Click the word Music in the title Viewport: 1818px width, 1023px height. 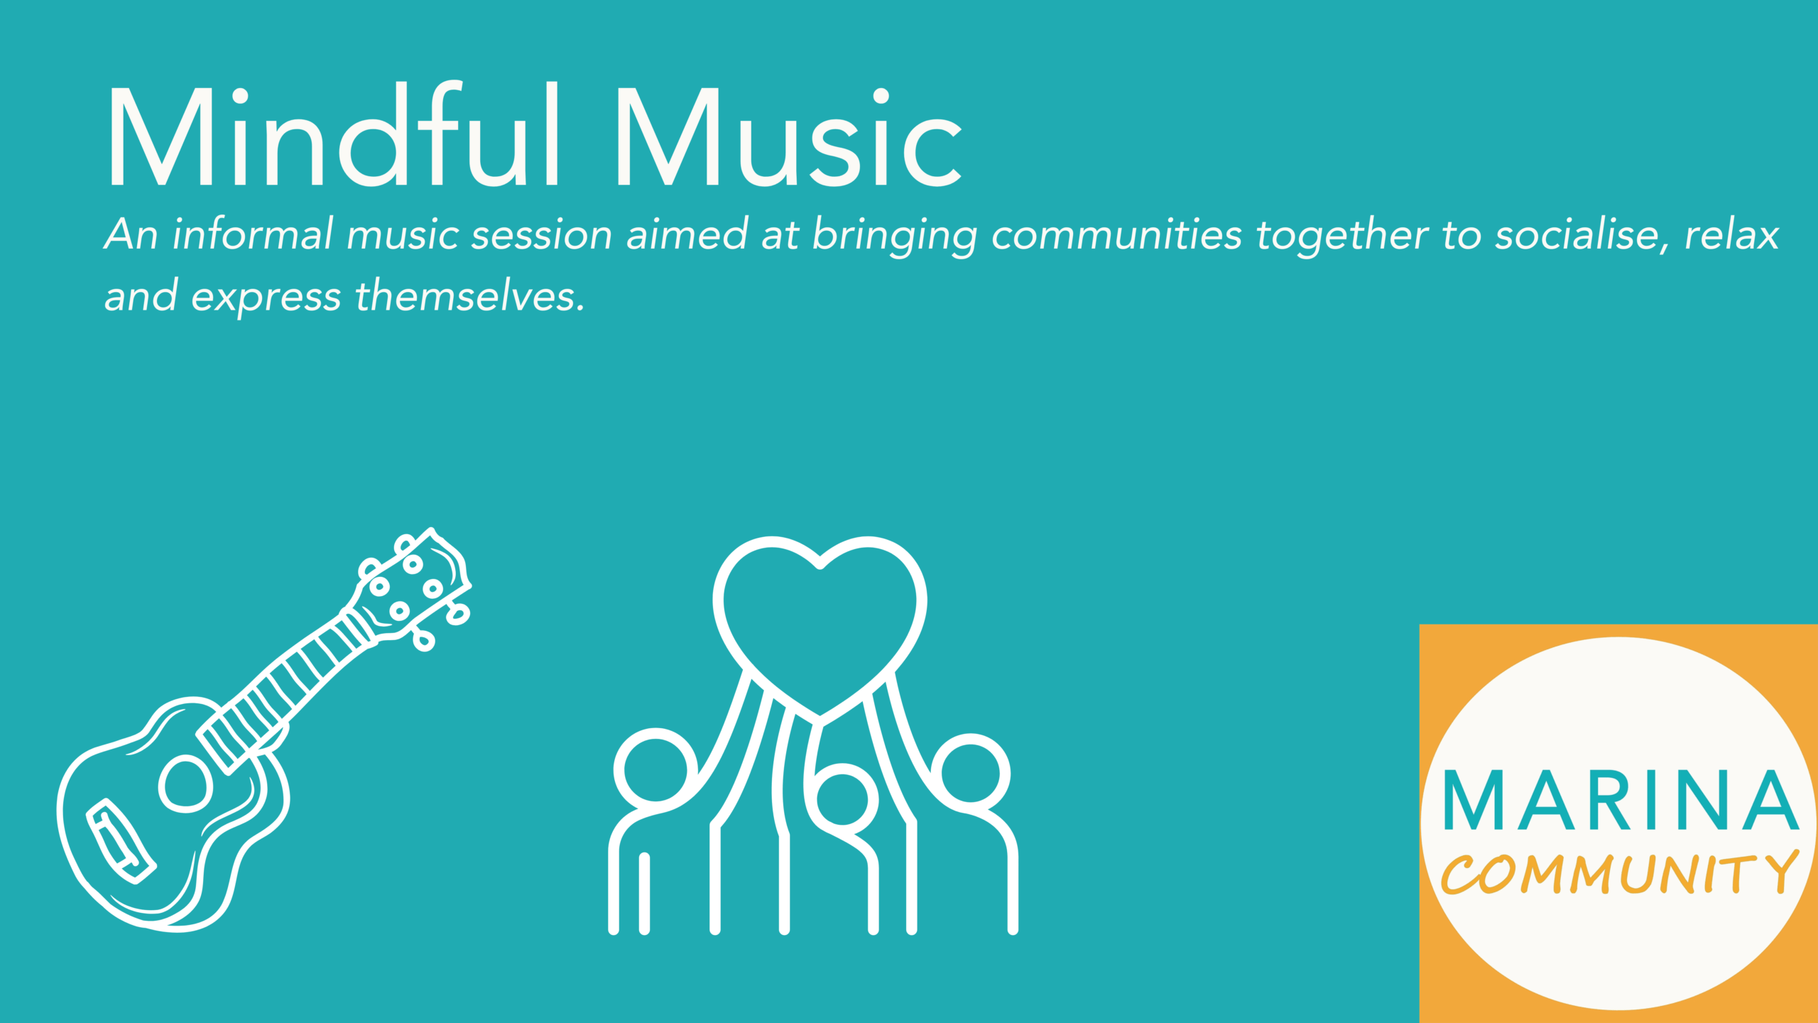(788, 136)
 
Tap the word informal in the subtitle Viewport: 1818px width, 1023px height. (253, 234)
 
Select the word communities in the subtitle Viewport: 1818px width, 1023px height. (1116, 234)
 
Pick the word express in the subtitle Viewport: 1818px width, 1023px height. (266, 297)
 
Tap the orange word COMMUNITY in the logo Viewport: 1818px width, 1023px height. (1619, 874)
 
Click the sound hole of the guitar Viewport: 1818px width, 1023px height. (186, 784)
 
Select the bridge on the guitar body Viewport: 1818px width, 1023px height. (121, 843)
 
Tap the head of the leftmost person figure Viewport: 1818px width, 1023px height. (655, 771)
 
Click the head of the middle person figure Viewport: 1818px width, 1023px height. (842, 799)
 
